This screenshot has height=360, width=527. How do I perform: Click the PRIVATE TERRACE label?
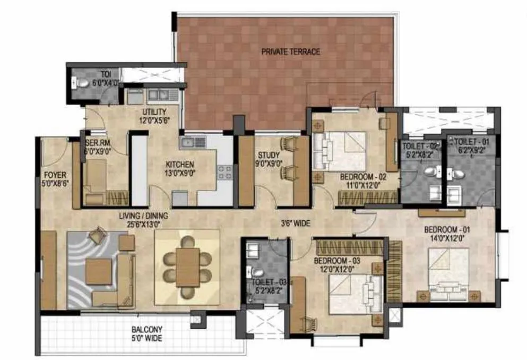point(290,52)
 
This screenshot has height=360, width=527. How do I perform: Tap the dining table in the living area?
point(187,265)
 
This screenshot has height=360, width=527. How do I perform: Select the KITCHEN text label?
point(179,165)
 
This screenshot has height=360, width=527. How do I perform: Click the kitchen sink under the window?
point(193,142)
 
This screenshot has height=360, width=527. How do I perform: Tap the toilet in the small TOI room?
point(82,83)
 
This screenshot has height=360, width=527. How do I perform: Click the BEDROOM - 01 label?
point(447,230)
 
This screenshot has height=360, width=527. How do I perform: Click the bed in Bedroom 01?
point(448,273)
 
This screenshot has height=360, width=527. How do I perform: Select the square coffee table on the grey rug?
point(99,270)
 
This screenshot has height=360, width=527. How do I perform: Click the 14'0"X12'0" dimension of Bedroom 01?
point(447,239)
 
